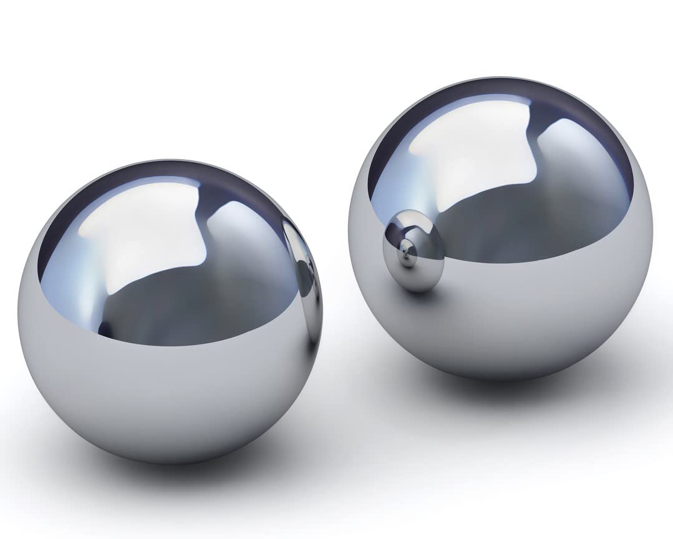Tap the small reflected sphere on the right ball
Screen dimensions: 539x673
(414, 250)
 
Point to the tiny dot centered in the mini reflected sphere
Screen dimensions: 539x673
(407, 251)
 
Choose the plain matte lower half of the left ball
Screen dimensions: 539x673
(168, 399)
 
